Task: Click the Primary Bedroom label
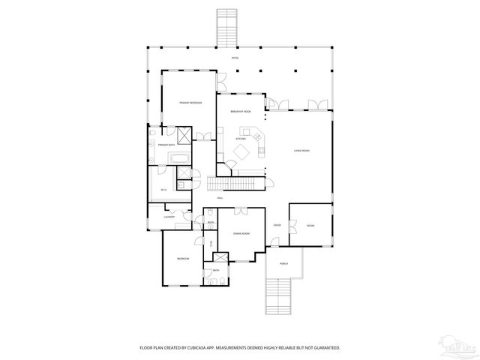pos(189,102)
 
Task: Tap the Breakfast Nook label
pos(240,110)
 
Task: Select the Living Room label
pos(301,151)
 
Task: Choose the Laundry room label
pos(169,217)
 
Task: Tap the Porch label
pos(283,263)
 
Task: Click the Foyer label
pos(277,225)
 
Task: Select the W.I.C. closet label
pos(163,190)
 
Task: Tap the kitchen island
pos(242,152)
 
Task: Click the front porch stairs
pos(277,296)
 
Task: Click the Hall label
pos(220,198)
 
